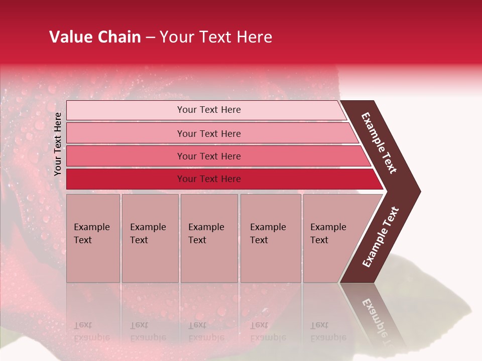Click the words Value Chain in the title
pos(95,37)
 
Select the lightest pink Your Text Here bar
pos(209,110)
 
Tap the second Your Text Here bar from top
pos(209,133)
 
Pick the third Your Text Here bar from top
pos(209,156)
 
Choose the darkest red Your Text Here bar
pos(209,179)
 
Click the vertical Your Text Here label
pos(58,144)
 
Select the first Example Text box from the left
pos(92,238)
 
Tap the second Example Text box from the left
pos(149,238)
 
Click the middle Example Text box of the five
pos(208,238)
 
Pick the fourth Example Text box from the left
pos(270,238)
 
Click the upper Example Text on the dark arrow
pos(379,143)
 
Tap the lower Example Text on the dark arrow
pos(381,237)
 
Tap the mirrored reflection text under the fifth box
pos(327,331)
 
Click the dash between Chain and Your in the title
pos(150,38)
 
